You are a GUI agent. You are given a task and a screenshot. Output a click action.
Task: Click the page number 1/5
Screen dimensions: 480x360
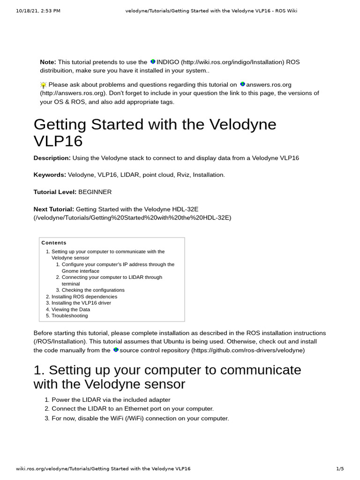[340, 468]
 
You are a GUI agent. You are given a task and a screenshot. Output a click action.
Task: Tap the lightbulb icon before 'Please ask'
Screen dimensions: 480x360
[43, 85]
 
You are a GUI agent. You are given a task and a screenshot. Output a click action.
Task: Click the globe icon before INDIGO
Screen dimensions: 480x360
[152, 62]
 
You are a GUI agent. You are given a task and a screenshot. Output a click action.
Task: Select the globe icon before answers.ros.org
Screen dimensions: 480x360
[242, 84]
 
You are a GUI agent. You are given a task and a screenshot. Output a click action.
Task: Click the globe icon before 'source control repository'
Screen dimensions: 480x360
[116, 350]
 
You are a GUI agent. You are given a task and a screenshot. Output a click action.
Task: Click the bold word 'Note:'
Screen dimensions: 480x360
[48, 62]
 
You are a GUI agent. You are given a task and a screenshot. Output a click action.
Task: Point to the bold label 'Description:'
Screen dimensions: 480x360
[52, 158]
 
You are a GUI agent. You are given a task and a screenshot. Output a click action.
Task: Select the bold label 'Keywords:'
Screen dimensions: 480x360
[50, 175]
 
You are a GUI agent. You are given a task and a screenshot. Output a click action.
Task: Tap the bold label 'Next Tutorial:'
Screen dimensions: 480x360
[53, 209]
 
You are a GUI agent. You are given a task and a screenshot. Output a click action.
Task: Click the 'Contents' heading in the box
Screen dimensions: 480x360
[54, 243]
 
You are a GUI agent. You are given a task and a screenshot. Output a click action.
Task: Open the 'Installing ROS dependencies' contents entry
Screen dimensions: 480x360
[84, 297]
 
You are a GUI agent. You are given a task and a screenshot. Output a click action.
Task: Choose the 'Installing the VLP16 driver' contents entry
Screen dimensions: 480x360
[81, 303]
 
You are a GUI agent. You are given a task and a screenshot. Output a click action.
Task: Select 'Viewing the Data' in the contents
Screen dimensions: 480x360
[70, 309]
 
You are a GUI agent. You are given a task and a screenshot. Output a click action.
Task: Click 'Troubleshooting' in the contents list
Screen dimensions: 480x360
[69, 316]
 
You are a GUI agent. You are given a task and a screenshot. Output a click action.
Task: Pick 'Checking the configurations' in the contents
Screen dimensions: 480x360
[93, 290]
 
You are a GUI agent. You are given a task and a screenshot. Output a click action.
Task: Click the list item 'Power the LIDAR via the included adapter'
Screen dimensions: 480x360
[111, 400]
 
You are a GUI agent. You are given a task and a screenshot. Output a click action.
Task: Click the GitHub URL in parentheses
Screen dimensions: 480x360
[247, 350]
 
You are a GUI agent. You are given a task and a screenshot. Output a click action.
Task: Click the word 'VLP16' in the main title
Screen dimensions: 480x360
[58, 142]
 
